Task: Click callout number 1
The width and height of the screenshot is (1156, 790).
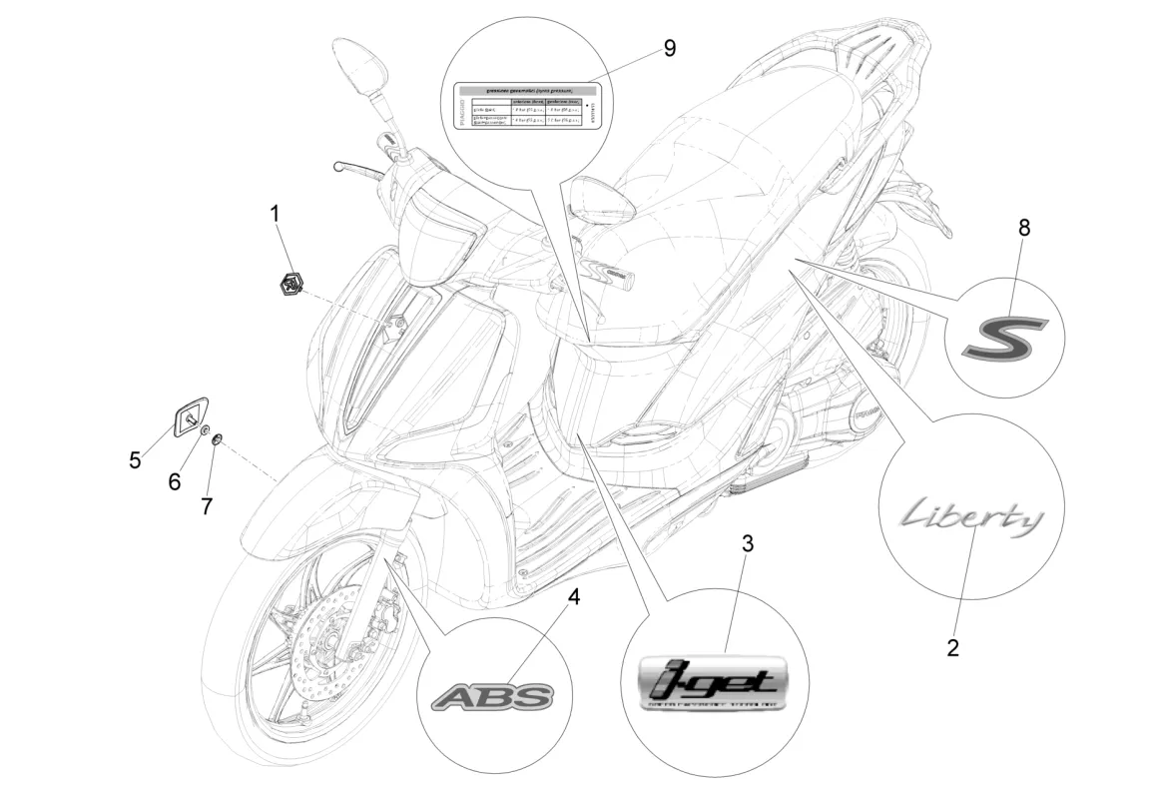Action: click(275, 212)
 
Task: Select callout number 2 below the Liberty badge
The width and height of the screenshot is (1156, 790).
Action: click(952, 647)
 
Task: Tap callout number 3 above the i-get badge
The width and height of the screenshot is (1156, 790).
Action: click(747, 544)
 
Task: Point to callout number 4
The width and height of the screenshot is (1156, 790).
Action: click(573, 597)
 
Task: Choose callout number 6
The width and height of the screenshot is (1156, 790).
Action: click(175, 481)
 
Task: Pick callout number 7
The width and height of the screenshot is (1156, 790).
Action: click(207, 506)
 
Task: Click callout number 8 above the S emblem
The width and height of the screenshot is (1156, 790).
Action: click(1024, 227)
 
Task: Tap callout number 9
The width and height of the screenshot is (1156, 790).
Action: click(669, 48)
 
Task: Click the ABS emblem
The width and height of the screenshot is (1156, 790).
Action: click(491, 696)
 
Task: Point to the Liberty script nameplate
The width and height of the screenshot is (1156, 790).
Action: click(969, 518)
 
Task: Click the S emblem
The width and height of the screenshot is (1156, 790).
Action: click(1004, 337)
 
